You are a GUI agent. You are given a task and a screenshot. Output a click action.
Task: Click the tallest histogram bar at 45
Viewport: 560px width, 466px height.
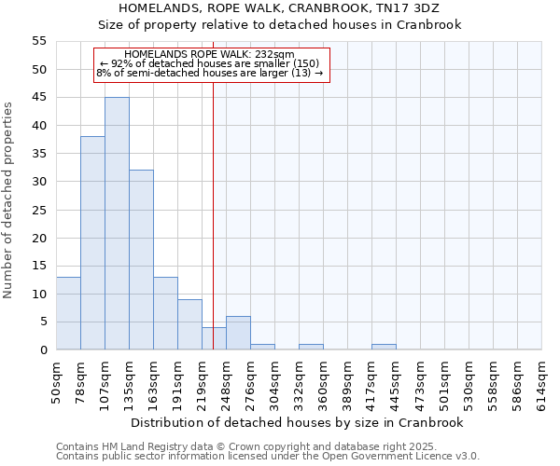pos(117,224)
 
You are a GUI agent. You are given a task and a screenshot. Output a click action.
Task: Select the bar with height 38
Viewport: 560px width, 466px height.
pos(92,242)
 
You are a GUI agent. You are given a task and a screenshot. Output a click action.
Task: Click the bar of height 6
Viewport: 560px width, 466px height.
pos(238,333)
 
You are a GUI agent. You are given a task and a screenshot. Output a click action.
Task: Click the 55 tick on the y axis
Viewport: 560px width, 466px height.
pos(39,41)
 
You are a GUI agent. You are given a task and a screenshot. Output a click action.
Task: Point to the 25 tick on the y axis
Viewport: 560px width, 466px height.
pos(39,210)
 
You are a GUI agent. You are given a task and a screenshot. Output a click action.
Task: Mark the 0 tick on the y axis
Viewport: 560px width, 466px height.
pos(43,349)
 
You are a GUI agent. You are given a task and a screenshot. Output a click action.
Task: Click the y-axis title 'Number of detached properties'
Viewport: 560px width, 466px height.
pos(9,200)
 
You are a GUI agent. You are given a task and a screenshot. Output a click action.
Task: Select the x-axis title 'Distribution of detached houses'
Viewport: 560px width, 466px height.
pos(276,422)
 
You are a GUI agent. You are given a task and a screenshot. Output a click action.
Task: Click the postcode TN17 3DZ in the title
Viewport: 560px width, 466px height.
pos(428,7)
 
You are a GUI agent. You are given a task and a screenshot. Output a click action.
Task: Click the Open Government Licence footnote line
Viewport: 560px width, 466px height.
pos(268,457)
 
